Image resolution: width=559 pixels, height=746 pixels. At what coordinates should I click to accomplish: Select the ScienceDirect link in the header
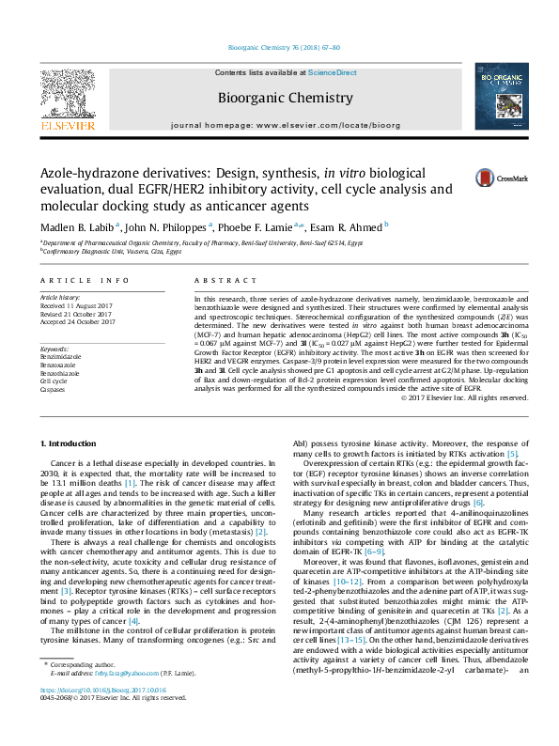(x=334, y=72)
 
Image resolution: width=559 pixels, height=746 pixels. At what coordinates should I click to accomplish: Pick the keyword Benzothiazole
(x=61, y=373)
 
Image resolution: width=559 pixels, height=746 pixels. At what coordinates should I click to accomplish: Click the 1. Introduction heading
(x=72, y=443)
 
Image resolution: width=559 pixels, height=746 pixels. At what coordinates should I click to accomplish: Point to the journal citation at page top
(x=278, y=48)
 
